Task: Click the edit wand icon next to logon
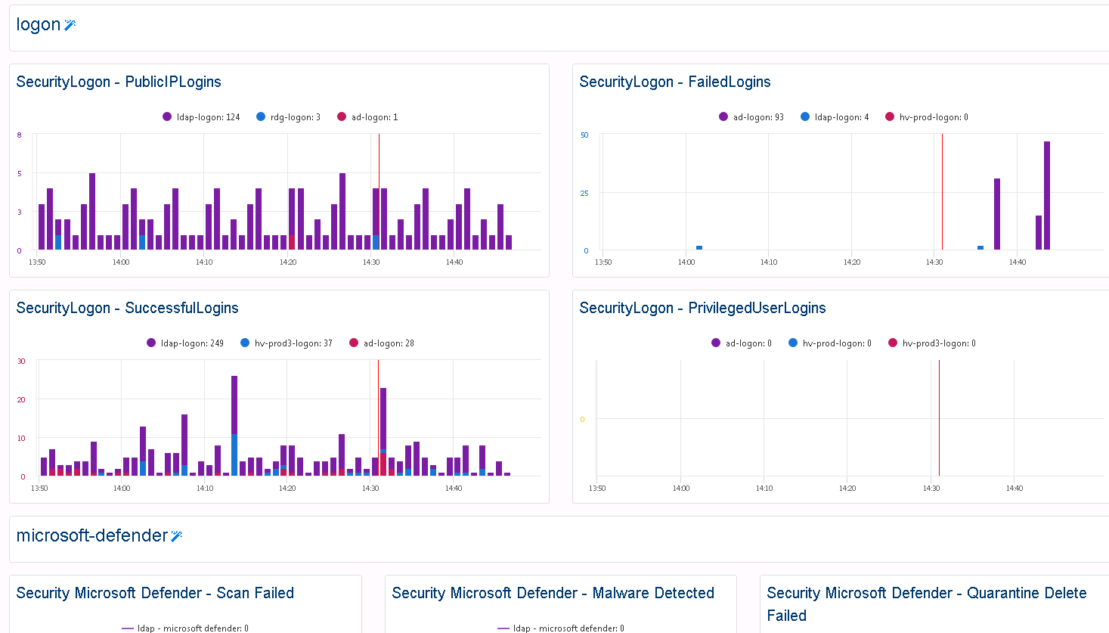(70, 25)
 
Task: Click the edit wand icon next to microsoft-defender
(177, 536)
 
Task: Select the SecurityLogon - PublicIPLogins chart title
(119, 82)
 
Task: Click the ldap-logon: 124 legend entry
(201, 117)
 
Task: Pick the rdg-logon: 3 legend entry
(289, 117)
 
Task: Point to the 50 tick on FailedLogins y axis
(584, 135)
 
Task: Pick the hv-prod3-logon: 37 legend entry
(287, 343)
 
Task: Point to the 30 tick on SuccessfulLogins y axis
(22, 361)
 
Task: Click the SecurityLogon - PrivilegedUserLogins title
(702, 308)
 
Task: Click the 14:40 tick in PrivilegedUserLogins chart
(1015, 489)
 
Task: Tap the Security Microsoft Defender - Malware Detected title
(553, 593)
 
